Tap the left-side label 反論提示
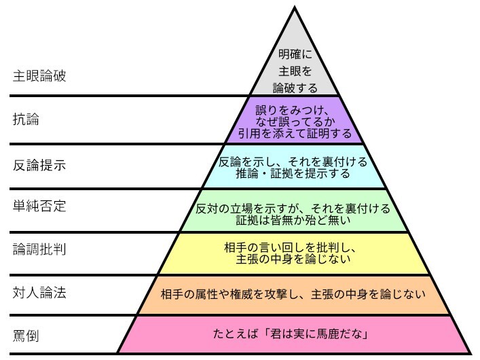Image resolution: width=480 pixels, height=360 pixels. [x=39, y=165]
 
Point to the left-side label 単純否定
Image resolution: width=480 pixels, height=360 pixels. [x=39, y=205]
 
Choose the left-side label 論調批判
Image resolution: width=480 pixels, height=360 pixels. [x=39, y=249]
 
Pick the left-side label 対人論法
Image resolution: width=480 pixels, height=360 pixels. [x=39, y=293]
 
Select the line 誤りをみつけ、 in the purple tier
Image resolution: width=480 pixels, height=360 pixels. [x=293, y=109]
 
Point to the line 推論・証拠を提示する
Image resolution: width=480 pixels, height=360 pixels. [x=294, y=174]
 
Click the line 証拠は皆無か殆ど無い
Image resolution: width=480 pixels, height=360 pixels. [x=294, y=218]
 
